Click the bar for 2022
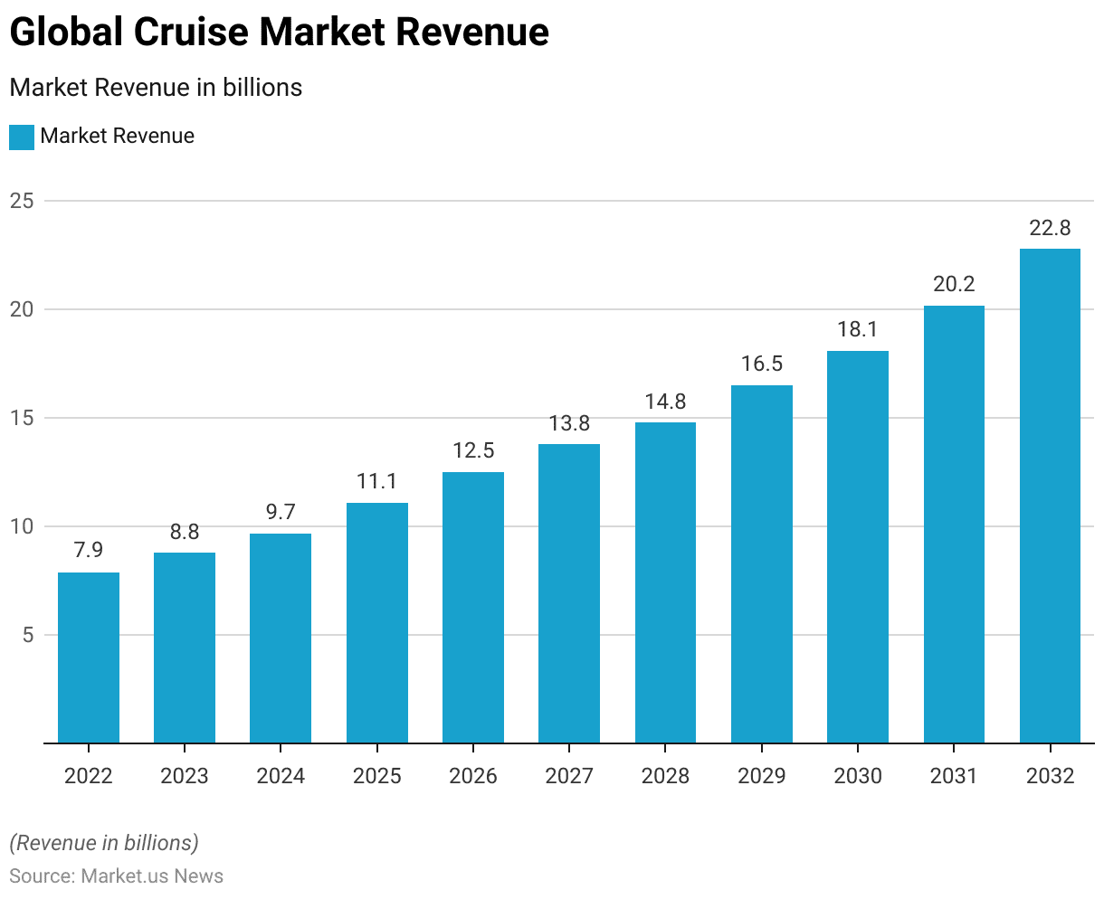click(89, 658)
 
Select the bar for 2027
click(569, 593)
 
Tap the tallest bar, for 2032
click(1050, 496)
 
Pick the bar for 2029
click(762, 564)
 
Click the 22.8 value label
click(1050, 229)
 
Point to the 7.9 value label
click(89, 551)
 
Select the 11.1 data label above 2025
click(377, 482)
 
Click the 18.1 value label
click(858, 330)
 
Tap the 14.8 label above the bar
click(665, 402)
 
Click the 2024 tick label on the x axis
click(281, 776)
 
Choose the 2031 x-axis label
click(954, 776)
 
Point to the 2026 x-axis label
click(473, 776)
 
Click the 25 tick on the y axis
click(22, 201)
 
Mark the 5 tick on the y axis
click(27, 635)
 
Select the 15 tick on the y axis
click(22, 418)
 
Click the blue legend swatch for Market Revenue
click(22, 137)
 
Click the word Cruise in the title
click(193, 33)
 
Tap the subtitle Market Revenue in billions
click(156, 88)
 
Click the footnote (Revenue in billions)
click(104, 843)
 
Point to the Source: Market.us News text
click(116, 875)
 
